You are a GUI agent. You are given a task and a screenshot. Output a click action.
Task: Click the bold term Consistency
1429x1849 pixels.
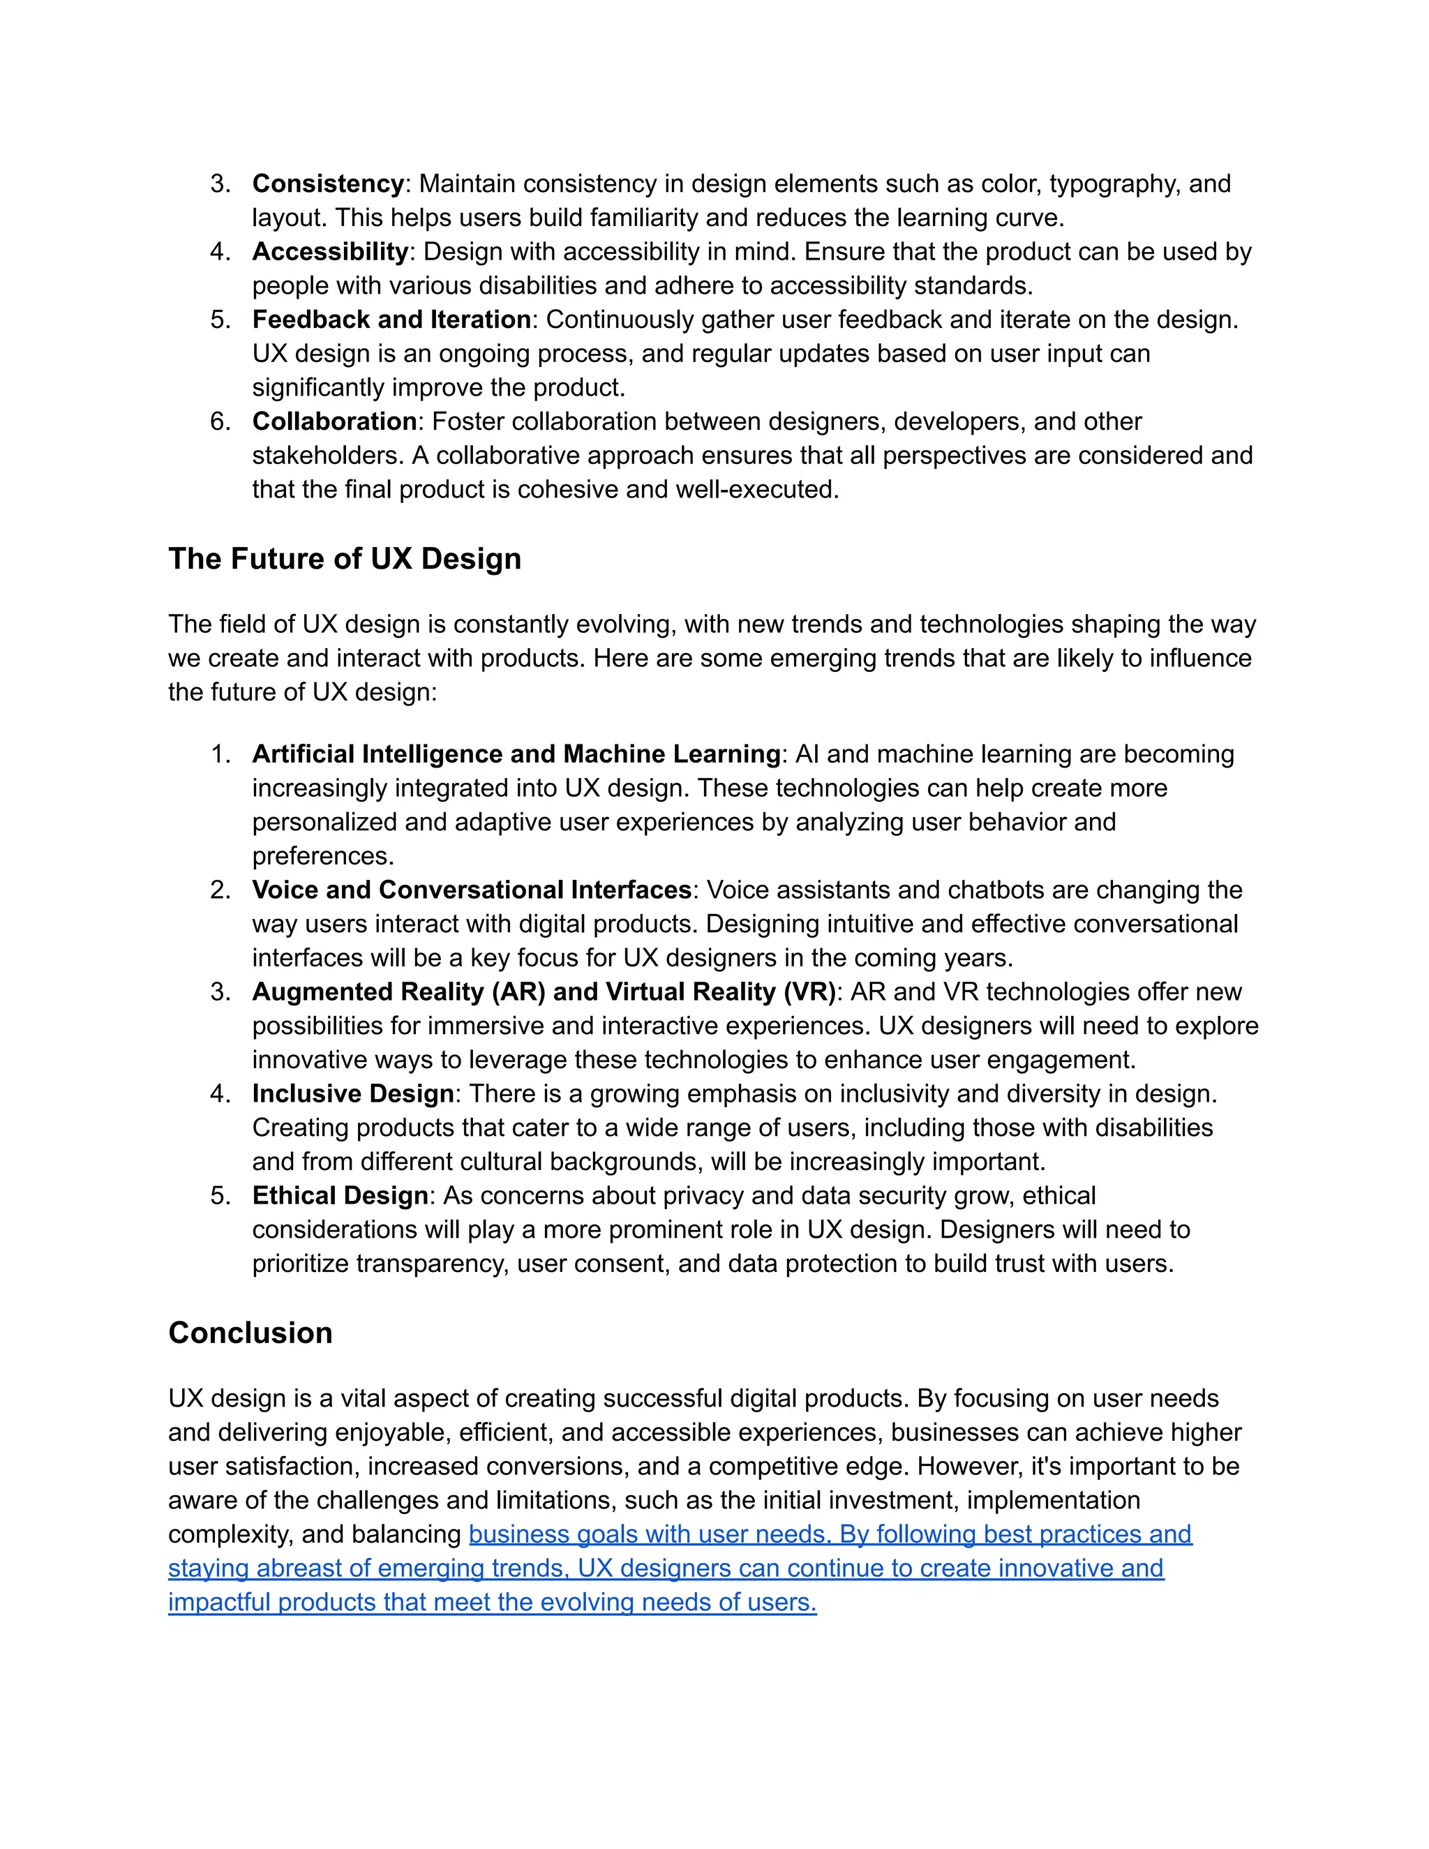328,184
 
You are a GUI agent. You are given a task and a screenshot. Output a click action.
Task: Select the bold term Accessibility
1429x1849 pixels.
330,251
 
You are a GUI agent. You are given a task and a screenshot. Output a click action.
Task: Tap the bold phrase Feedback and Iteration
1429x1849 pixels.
391,319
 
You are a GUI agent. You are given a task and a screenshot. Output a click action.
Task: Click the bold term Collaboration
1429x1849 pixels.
334,421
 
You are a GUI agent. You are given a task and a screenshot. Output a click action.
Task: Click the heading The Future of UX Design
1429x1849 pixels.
345,559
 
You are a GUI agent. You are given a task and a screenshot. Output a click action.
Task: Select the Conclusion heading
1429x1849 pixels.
250,1333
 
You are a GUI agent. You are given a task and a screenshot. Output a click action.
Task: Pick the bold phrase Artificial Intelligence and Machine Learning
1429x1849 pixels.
516,754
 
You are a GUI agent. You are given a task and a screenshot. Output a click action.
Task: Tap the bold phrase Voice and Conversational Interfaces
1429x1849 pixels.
472,890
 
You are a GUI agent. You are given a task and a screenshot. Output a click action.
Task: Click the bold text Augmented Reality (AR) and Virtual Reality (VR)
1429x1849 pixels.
544,991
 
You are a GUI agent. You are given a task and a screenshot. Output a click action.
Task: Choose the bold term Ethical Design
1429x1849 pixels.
340,1195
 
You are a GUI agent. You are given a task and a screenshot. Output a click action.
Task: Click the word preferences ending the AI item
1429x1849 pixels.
322,856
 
